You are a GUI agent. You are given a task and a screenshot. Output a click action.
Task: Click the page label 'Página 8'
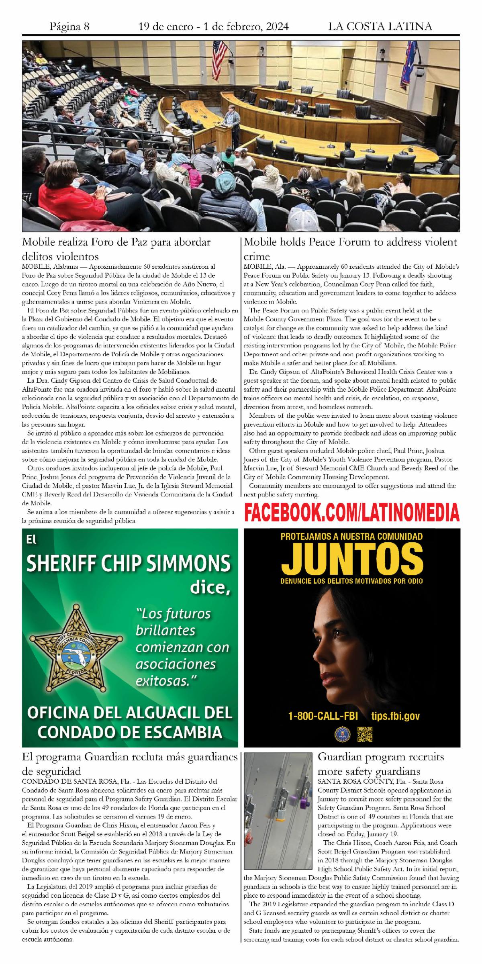point(69,27)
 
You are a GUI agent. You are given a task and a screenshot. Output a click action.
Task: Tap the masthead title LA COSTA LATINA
point(380,27)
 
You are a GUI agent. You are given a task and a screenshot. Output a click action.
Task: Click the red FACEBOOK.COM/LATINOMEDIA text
point(352,513)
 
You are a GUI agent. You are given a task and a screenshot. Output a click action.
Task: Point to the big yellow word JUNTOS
point(352,559)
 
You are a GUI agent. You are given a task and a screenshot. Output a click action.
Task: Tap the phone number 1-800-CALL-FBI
point(323,716)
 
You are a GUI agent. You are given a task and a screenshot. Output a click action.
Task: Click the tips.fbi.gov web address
point(396,716)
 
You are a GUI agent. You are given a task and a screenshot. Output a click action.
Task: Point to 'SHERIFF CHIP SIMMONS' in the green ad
point(129,564)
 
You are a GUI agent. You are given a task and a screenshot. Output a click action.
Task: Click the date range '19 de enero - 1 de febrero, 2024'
point(213,27)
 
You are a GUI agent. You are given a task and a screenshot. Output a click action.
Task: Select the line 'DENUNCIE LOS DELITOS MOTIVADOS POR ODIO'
point(352,581)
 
